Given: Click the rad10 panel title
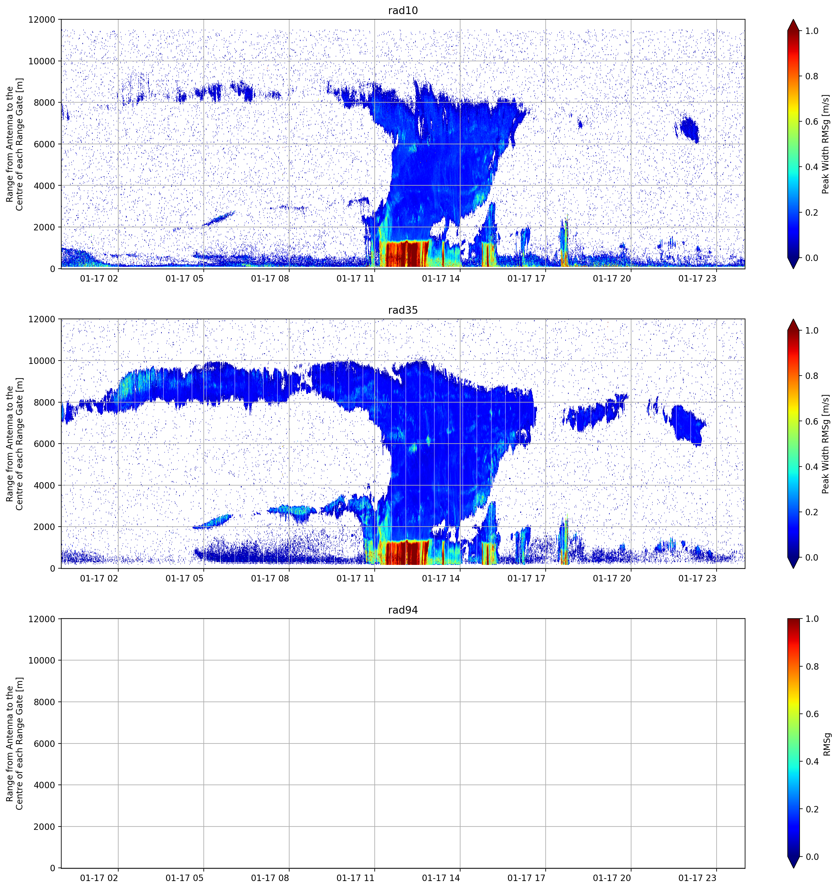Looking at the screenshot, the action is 403,10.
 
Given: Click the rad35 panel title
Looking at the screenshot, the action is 403,310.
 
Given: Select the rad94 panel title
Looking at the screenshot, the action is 403,610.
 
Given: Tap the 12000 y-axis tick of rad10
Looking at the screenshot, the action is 42,20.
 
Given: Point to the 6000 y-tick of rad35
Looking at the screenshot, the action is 45,444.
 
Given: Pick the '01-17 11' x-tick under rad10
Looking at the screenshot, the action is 355,278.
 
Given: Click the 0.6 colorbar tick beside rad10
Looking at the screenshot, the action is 812,122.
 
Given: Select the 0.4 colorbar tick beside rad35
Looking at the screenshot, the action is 812,467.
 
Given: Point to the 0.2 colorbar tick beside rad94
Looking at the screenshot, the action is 812,809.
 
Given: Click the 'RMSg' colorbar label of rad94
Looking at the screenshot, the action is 827,744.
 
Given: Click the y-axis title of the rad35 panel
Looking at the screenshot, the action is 14,444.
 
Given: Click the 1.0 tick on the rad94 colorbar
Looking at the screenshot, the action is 812,619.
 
